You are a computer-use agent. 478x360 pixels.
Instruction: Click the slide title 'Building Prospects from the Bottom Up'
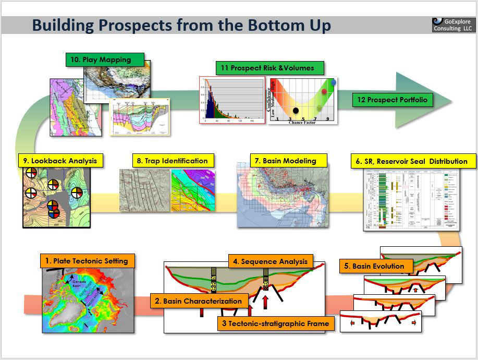point(181,25)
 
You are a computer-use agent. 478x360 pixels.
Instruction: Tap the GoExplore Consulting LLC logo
point(452,25)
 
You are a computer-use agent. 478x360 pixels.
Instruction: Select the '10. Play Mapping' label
point(105,59)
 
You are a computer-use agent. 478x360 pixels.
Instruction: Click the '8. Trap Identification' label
point(172,161)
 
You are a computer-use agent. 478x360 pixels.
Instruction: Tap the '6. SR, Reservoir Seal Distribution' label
point(412,161)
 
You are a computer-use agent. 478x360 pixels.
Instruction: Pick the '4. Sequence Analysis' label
point(271,261)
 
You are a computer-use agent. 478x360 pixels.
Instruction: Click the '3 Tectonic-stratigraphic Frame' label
point(275,323)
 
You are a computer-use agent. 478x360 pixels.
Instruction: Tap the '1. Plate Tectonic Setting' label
point(87,261)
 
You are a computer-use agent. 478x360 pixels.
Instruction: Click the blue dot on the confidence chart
point(333,82)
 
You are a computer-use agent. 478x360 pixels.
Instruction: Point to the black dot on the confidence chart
point(296,110)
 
